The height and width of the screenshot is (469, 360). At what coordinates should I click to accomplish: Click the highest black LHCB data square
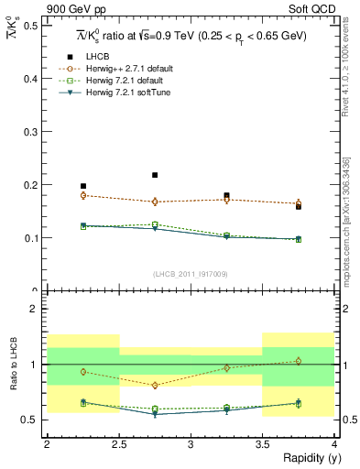(155, 175)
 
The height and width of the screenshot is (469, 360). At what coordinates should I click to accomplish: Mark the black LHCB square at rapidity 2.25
(83, 186)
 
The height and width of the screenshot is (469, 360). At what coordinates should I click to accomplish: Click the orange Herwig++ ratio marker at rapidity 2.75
(155, 386)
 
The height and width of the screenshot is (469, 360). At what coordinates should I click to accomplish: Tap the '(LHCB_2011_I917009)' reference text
(190, 274)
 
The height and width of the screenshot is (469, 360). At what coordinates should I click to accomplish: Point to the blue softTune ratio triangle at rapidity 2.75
(155, 414)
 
